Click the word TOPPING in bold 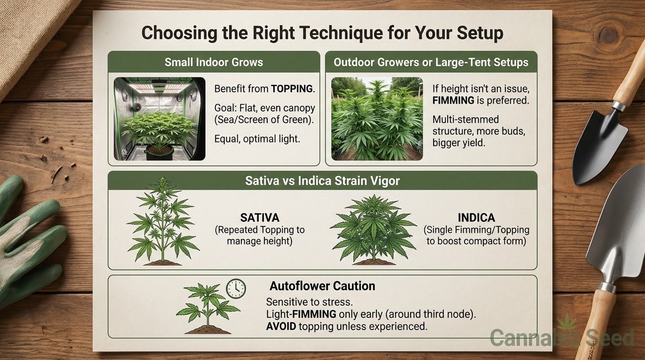coord(292,89)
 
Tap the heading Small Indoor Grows coord(214,62)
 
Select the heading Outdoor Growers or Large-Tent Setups coord(431,62)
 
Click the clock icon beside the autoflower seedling coord(236,289)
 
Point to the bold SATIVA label coord(260,217)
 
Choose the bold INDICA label coord(477,217)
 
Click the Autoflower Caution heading coord(322,286)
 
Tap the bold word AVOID coord(281,326)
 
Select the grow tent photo coord(159,119)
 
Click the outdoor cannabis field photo coord(377,119)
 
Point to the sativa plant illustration coord(163,221)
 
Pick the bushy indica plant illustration coord(374,230)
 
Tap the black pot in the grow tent coord(159,152)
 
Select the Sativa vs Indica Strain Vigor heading coord(322,181)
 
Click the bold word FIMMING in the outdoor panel coord(453,100)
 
